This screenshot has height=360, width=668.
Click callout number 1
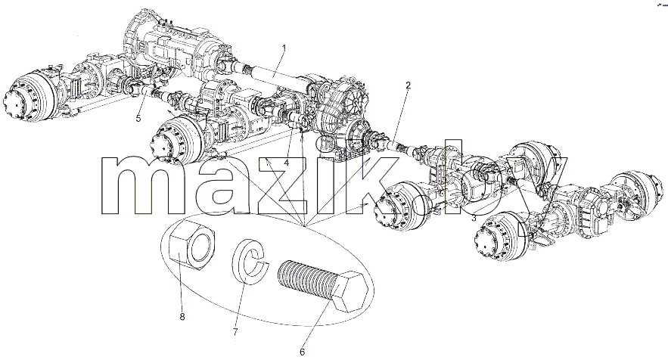tap(284, 48)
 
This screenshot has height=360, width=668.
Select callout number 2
tap(408, 85)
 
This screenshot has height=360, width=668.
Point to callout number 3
tap(474, 219)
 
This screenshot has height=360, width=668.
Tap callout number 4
tap(287, 163)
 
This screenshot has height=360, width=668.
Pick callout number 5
tap(138, 119)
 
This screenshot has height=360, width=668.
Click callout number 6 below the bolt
tap(302, 352)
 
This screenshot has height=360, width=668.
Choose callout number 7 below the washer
tap(235, 332)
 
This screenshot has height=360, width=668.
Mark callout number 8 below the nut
tap(182, 318)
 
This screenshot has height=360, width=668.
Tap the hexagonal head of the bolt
tap(349, 290)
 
